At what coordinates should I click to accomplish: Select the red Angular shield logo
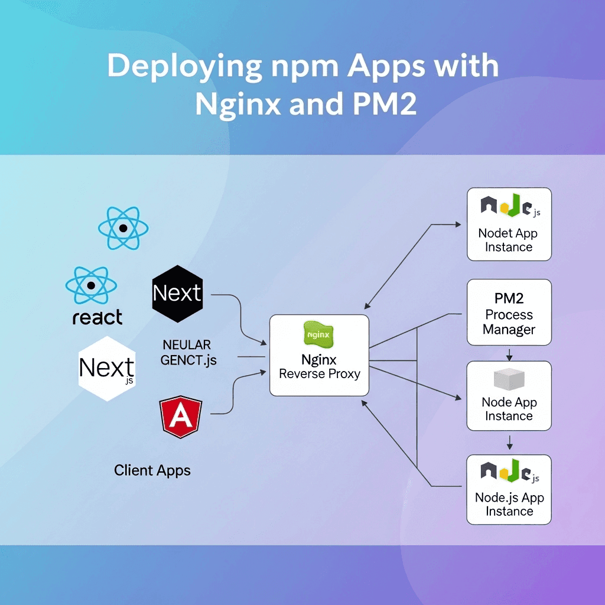click(180, 417)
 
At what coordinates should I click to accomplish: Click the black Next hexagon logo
click(177, 293)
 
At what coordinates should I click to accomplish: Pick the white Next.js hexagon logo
click(107, 369)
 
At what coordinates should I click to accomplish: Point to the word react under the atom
click(97, 317)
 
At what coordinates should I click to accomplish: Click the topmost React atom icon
click(123, 227)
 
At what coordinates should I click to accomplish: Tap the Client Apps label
click(152, 471)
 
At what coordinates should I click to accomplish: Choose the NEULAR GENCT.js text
click(188, 352)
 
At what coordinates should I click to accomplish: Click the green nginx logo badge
click(318, 334)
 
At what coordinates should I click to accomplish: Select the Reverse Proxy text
click(319, 374)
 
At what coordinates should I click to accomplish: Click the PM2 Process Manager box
click(509, 313)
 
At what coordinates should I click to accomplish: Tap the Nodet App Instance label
click(509, 240)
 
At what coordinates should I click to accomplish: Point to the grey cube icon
click(509, 378)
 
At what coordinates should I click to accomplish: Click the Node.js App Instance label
click(509, 504)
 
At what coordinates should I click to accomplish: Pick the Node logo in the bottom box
click(509, 471)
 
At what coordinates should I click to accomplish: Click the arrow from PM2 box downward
click(509, 353)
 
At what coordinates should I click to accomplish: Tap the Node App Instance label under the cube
click(509, 409)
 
